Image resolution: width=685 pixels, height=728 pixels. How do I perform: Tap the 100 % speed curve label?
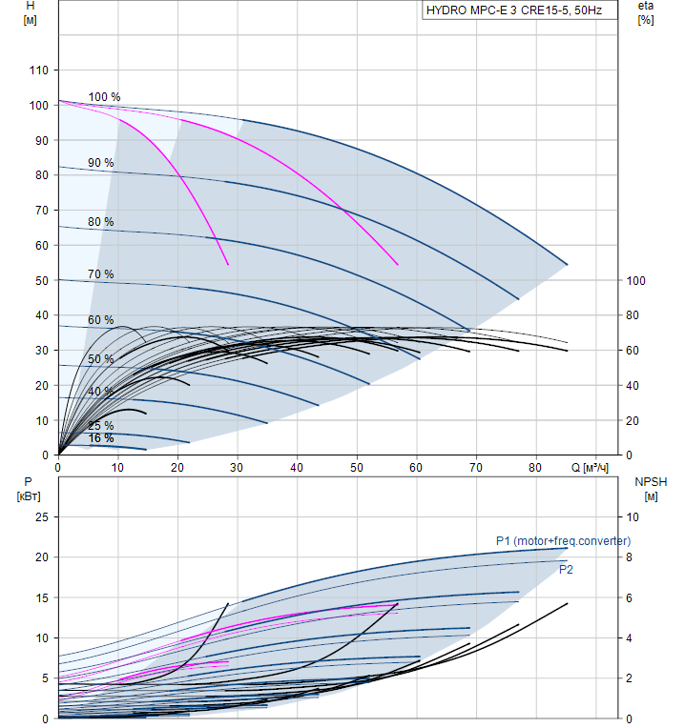coord(104,97)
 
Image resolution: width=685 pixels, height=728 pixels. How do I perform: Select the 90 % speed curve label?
coord(100,163)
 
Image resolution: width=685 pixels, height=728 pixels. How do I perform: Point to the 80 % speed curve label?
coord(100,222)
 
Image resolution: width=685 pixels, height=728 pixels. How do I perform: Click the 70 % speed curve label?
coord(100,274)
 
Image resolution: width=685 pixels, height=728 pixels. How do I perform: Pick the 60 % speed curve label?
coord(100,320)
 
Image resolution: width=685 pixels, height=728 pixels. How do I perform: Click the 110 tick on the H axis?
coord(38,71)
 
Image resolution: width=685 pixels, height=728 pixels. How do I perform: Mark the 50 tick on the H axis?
coord(42,280)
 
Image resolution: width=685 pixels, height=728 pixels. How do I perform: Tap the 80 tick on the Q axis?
coord(535,468)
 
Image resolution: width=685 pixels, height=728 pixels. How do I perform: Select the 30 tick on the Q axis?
coord(238,468)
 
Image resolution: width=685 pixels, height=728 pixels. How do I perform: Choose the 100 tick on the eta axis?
coord(636,280)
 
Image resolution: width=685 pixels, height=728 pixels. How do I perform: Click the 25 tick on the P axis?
coord(42,517)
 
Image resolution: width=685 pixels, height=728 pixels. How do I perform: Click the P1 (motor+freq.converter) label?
coord(563,541)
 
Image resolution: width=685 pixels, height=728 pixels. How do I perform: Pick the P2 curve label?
coord(566,570)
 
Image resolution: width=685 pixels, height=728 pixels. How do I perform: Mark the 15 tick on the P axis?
coord(42,597)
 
